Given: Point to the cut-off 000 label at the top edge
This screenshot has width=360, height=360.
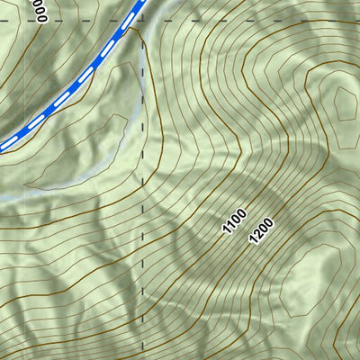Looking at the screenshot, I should tap(37, 10).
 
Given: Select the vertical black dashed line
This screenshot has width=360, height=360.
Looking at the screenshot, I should tap(143, 225).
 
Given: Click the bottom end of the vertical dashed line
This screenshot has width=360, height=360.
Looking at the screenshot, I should tap(143, 357).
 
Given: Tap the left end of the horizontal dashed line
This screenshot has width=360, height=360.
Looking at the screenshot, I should tap(3, 18).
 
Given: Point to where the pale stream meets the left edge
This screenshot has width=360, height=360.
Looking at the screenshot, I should tap(2, 197).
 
